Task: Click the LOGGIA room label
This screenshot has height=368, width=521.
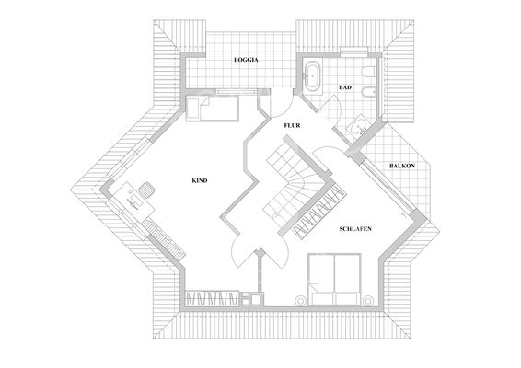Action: pyautogui.click(x=246, y=59)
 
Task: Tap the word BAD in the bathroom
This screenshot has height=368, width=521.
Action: pyautogui.click(x=345, y=87)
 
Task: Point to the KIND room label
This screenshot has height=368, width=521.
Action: pyautogui.click(x=200, y=180)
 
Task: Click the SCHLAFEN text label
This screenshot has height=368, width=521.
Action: pyautogui.click(x=354, y=226)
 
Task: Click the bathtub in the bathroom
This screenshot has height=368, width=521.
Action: pyautogui.click(x=311, y=75)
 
